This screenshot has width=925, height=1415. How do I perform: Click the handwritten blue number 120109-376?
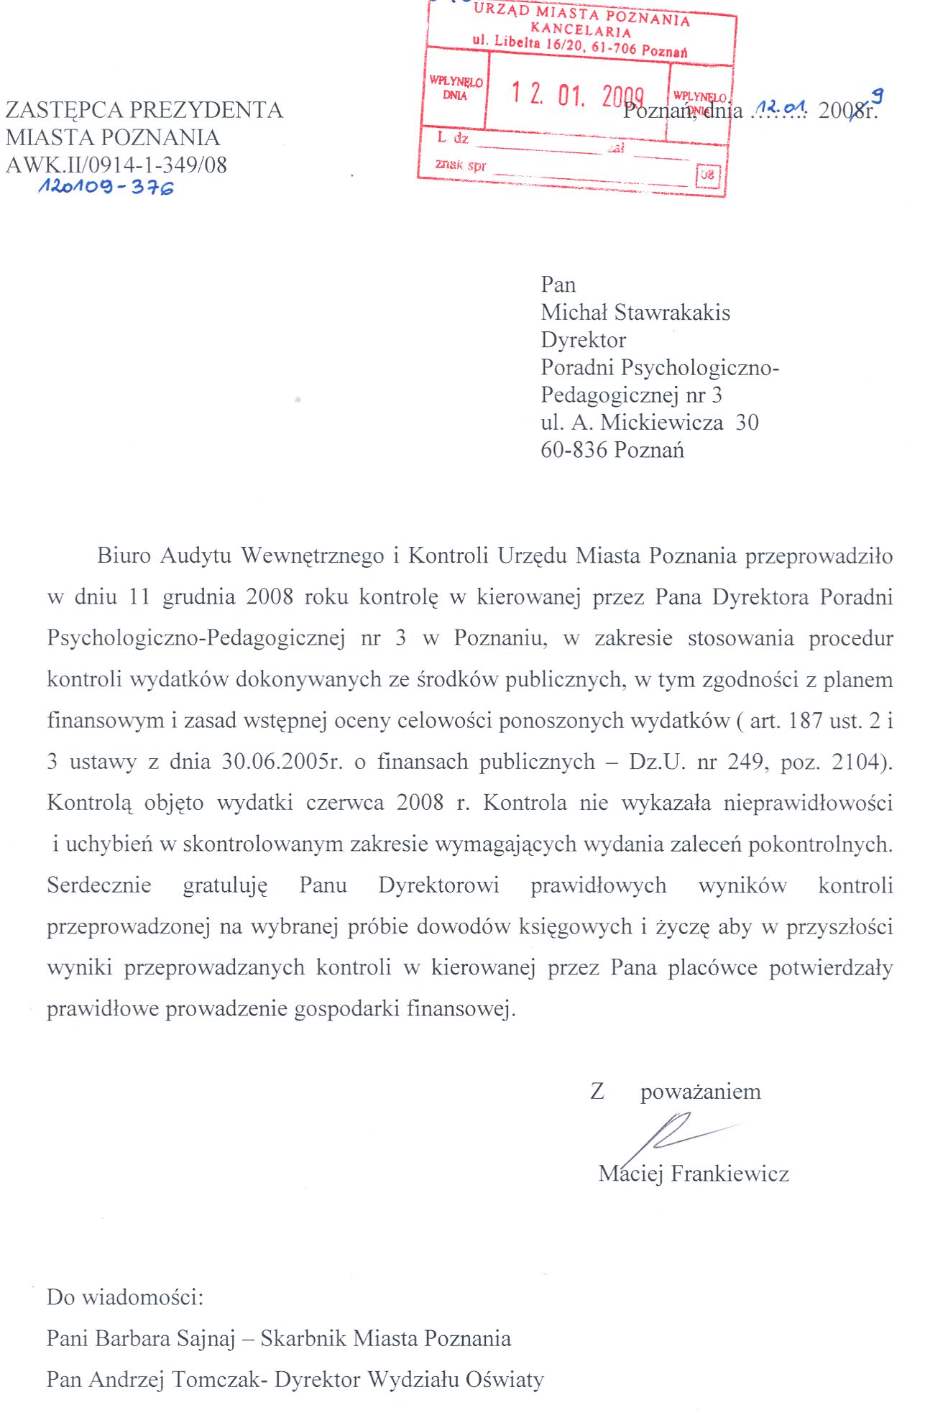coord(106,188)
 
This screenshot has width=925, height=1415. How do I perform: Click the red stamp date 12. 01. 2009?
coord(577,94)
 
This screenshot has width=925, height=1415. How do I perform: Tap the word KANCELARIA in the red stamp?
coord(581,30)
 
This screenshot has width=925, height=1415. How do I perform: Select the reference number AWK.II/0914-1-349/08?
coord(116,165)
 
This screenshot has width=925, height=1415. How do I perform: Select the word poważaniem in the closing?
coord(700,1092)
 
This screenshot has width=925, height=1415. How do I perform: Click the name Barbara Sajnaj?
coord(165,1338)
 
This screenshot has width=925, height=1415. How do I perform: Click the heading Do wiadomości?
coord(125,1297)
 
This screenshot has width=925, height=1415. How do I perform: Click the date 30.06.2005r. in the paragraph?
coord(282,762)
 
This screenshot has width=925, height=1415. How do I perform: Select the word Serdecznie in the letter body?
coord(99,885)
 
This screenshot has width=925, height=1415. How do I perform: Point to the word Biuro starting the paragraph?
coord(124,556)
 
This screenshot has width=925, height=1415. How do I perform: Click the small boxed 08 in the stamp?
coord(708,175)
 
